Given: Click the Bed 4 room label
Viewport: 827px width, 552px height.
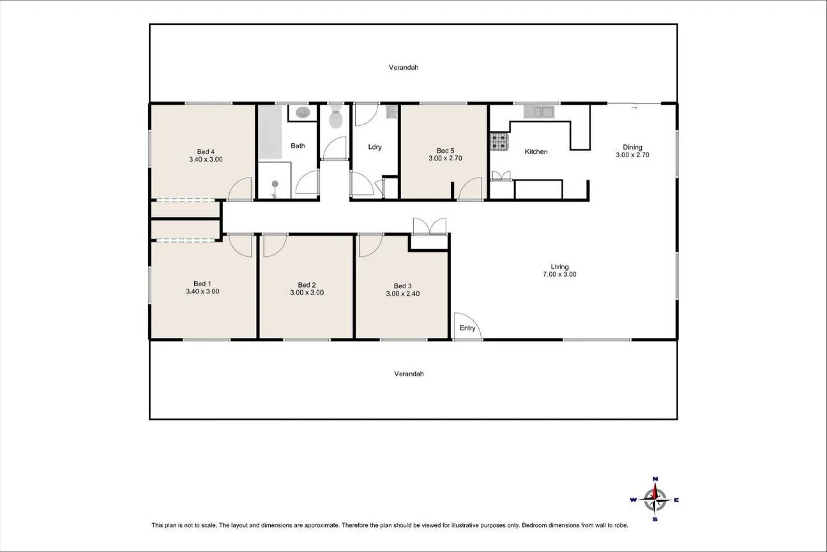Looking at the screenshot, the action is coord(206,151).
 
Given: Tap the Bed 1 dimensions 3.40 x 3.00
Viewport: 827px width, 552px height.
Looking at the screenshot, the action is coord(202,291).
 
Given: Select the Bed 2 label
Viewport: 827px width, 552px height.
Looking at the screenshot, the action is coord(307,285).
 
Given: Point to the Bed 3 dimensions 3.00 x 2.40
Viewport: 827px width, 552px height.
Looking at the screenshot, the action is coord(403,294).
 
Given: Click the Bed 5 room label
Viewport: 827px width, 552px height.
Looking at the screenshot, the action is coord(445,151).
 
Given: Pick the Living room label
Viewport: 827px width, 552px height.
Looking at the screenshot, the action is coord(559,267).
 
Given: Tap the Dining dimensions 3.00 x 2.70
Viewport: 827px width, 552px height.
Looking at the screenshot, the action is coord(632,155).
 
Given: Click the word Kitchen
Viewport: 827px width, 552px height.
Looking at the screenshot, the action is coord(536,151).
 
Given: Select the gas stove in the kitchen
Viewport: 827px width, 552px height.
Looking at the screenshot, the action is coord(499,142).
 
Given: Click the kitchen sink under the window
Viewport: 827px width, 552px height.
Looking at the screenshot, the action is coord(538,112).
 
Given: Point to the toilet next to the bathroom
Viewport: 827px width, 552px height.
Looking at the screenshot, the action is coord(336,116).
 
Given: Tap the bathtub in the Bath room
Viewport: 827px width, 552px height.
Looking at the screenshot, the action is coord(269,132).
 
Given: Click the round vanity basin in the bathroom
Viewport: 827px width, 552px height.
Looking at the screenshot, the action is coord(303,112).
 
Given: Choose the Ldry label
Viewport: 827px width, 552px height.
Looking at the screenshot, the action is coord(375,147).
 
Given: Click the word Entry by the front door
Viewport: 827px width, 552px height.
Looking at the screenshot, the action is coord(467,328).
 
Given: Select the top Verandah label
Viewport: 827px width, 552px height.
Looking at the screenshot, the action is coord(404,67).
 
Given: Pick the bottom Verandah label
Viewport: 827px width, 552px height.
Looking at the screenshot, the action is coord(409,374).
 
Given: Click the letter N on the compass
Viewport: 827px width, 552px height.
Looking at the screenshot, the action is coord(655,479).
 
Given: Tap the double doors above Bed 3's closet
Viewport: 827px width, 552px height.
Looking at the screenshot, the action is coord(430,226).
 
